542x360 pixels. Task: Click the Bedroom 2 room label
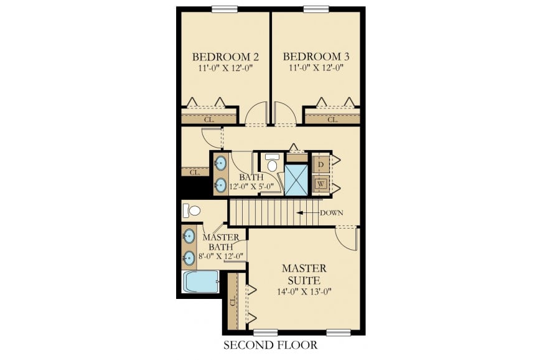(226, 57)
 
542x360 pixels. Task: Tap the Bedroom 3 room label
(316, 57)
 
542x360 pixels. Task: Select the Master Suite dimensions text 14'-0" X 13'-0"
(304, 291)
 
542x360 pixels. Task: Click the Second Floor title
(270, 345)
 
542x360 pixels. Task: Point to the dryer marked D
(320, 164)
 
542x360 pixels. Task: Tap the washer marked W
(320, 184)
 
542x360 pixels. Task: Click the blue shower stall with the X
(296, 180)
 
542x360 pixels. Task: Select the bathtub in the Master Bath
(200, 282)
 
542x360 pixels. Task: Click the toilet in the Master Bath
(192, 211)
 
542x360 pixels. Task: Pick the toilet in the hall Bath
(273, 163)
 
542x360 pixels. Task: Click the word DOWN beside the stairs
(331, 212)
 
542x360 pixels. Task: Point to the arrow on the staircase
(307, 212)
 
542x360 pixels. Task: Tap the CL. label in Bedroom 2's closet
(209, 120)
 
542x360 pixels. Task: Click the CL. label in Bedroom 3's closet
(332, 120)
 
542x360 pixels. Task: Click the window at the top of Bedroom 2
(223, 9)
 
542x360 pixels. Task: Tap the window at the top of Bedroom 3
(315, 9)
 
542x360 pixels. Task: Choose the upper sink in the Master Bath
(189, 236)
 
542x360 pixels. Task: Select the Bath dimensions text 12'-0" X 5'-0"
(251, 186)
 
